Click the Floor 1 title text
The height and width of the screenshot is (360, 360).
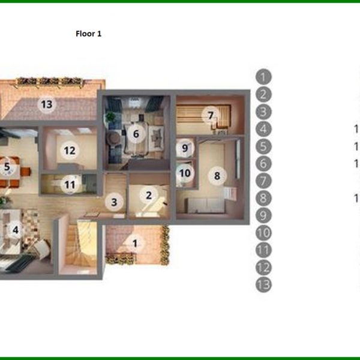pos(88,34)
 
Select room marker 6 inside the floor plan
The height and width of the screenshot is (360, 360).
pos(136,134)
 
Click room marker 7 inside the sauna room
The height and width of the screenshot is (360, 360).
pos(210,114)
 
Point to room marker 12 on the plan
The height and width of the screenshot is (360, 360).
pos(70,150)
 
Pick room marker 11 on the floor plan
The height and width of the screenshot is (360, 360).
pos(70,185)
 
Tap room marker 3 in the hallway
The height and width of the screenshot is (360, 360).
pos(114,202)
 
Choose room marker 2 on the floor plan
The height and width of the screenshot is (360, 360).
pos(148,194)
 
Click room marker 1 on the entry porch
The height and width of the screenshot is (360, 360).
pos(135,243)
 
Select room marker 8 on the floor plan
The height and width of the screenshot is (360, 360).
pos(217,176)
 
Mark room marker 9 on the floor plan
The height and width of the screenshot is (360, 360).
pos(185,147)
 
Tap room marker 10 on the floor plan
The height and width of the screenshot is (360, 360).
pos(185,173)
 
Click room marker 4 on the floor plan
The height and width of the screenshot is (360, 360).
pos(16,228)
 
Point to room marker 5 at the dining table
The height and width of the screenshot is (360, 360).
pos(7,167)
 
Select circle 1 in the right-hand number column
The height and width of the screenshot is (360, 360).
pos(263,77)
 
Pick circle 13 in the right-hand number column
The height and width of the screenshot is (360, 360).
pos(263,285)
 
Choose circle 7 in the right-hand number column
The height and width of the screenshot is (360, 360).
pos(263,181)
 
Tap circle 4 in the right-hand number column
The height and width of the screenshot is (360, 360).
pos(263,128)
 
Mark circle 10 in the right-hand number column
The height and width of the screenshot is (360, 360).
pos(263,233)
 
